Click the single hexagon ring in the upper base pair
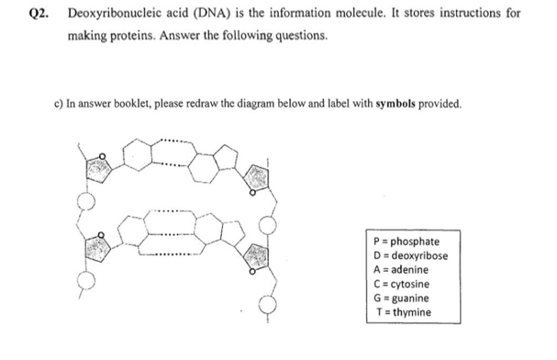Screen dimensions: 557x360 click(143, 161)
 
